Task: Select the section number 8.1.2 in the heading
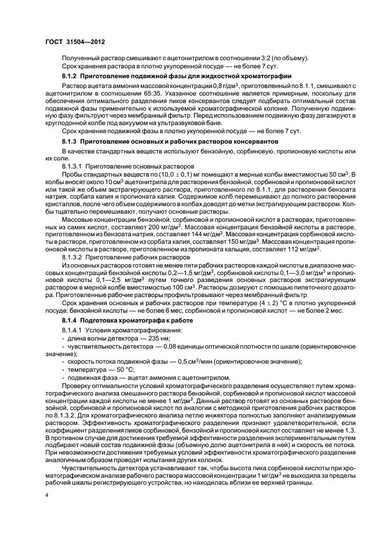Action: [x=71, y=77]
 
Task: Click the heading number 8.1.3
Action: [x=71, y=142]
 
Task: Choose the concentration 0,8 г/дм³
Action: [x=210, y=86]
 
